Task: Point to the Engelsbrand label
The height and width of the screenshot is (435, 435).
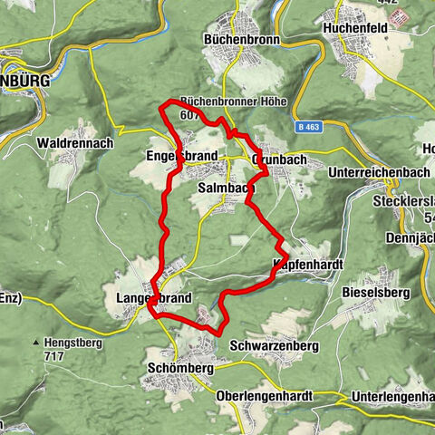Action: point(181,157)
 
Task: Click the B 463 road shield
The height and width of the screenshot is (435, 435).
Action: point(310,129)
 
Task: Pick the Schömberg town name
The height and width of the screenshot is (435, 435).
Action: point(179,369)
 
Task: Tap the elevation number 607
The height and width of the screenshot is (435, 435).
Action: point(189,115)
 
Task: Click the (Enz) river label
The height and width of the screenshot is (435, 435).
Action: point(12,295)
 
